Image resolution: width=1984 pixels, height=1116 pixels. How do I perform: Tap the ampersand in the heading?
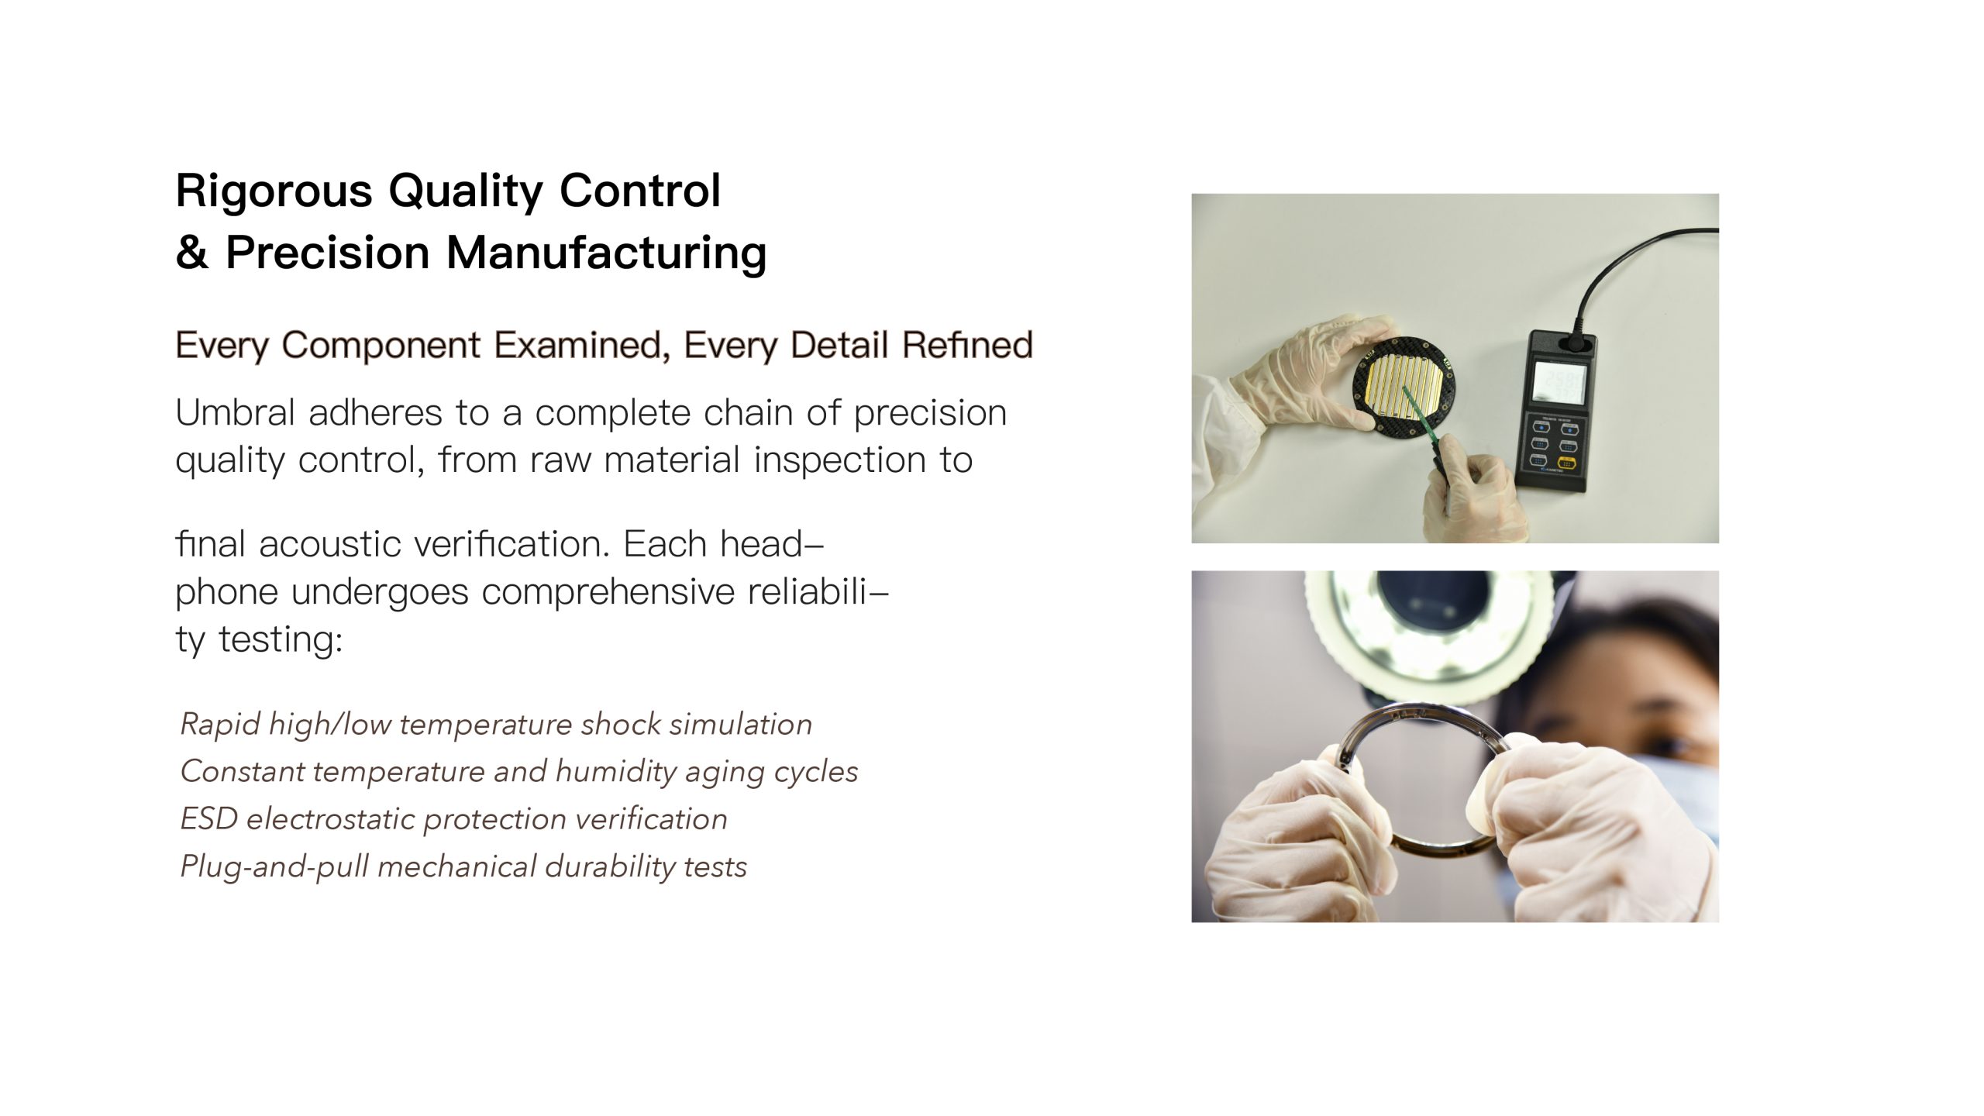click(192, 253)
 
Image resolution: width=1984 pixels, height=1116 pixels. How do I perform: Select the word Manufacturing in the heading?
click(606, 254)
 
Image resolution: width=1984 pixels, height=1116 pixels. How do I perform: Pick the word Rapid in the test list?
click(220, 725)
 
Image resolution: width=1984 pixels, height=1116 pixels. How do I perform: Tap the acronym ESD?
click(208, 819)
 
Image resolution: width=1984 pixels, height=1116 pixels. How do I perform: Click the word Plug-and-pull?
click(274, 866)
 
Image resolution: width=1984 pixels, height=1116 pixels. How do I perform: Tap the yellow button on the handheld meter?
click(1569, 463)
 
